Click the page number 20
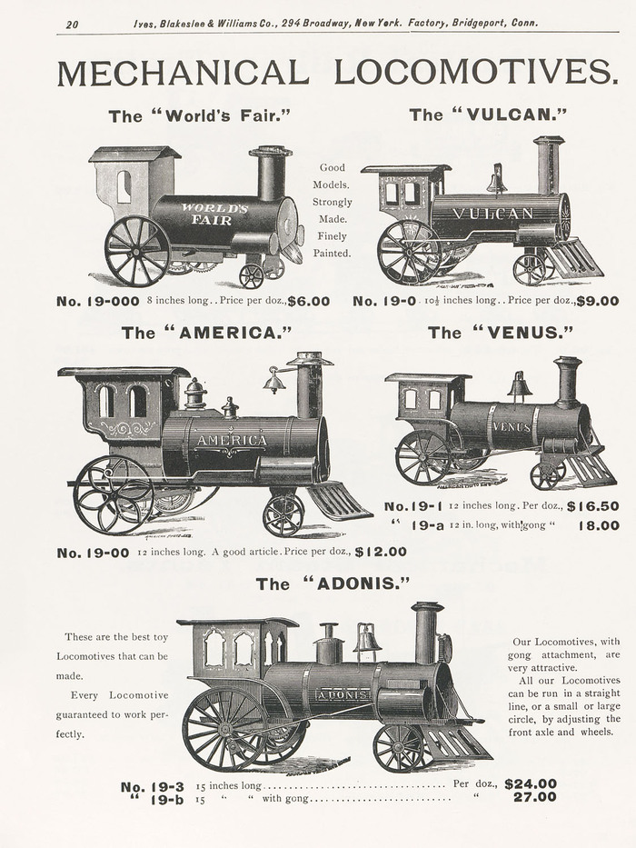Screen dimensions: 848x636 coord(72,24)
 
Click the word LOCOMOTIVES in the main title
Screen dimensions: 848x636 coord(475,73)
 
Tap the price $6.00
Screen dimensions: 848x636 coord(309,301)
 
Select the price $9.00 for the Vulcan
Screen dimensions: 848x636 coord(597,301)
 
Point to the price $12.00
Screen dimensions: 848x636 coord(381,552)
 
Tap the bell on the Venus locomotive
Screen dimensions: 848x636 coord(520,386)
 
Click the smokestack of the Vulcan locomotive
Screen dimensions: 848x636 coord(548,165)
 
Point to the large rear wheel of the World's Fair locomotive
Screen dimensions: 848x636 coord(137,250)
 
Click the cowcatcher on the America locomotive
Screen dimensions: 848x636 coord(339,501)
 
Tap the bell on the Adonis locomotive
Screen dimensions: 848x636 coord(367,639)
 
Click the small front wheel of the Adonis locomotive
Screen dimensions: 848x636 coord(398,747)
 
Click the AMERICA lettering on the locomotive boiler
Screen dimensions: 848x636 coord(232,441)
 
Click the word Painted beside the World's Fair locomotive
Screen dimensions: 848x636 coord(332,254)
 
